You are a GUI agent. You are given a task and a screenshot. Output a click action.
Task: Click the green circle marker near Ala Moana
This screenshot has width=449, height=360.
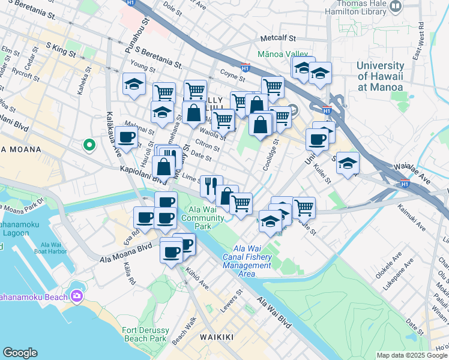[89, 145]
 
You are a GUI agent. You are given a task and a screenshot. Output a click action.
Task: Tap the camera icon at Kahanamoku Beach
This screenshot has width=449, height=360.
[77, 296]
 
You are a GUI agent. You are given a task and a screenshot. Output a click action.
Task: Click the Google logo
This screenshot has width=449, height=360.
[20, 353]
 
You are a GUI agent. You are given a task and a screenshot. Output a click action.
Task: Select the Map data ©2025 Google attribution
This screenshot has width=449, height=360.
[411, 355]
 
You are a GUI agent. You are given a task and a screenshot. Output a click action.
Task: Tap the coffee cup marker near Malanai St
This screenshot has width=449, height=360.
[127, 137]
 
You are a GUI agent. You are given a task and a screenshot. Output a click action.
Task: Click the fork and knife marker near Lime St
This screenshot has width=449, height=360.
[211, 185]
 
